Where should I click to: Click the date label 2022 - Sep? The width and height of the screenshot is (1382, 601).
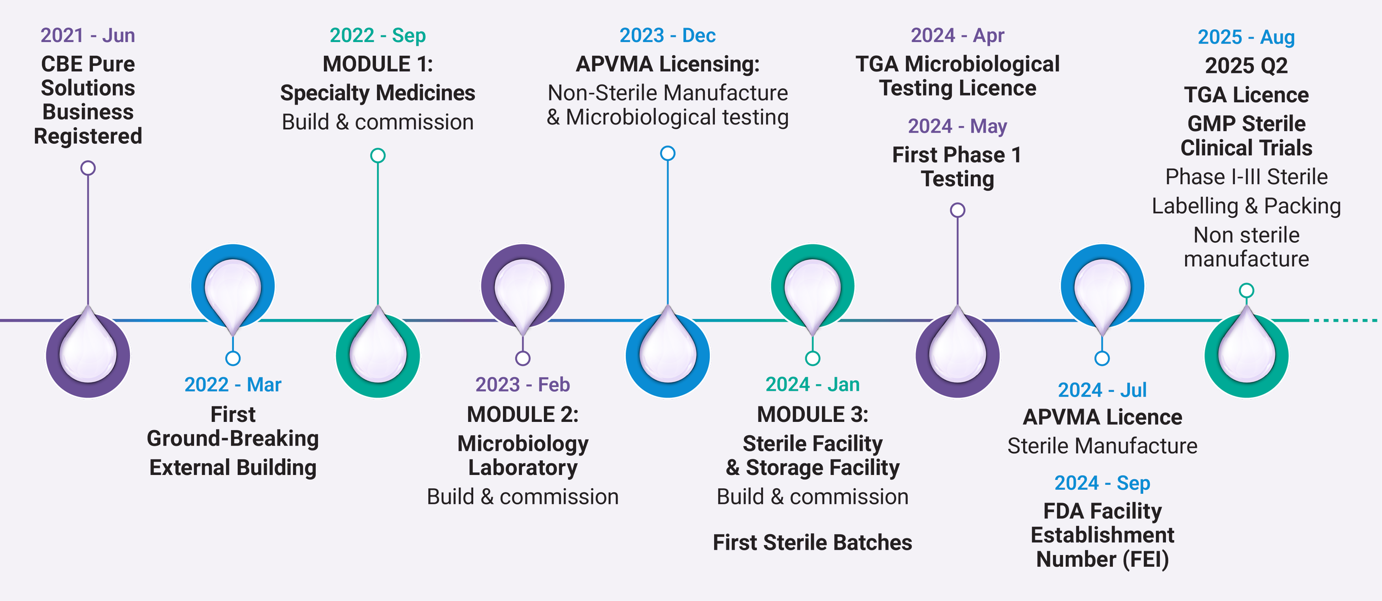378,35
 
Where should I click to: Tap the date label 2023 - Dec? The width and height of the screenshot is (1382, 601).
667,35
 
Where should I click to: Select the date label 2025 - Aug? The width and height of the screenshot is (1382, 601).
1246,37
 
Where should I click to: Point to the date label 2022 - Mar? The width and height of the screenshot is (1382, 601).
233,384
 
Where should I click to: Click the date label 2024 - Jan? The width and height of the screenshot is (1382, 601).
812,384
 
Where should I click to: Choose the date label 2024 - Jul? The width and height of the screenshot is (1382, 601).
1102,390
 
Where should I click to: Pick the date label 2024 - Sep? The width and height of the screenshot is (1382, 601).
1102,483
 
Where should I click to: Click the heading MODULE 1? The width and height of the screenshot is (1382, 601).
378,64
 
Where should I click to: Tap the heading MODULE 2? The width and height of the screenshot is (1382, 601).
522,414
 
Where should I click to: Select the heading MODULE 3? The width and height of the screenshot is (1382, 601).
812,414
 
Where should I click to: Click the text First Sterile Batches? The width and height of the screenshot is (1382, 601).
812,542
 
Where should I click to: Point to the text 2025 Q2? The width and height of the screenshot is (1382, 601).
1246,66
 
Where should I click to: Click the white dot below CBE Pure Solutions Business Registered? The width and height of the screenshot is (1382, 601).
88,168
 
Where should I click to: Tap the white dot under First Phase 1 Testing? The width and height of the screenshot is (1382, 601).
957,210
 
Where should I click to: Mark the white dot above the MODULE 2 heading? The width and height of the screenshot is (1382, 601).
522,359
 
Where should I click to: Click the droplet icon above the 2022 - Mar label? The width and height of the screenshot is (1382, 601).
233,290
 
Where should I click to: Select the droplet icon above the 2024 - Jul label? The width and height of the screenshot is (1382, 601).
1102,290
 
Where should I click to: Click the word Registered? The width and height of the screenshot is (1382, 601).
88,136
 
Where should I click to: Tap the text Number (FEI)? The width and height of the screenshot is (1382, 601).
1102,559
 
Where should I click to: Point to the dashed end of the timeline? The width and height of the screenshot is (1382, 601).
1346,321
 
